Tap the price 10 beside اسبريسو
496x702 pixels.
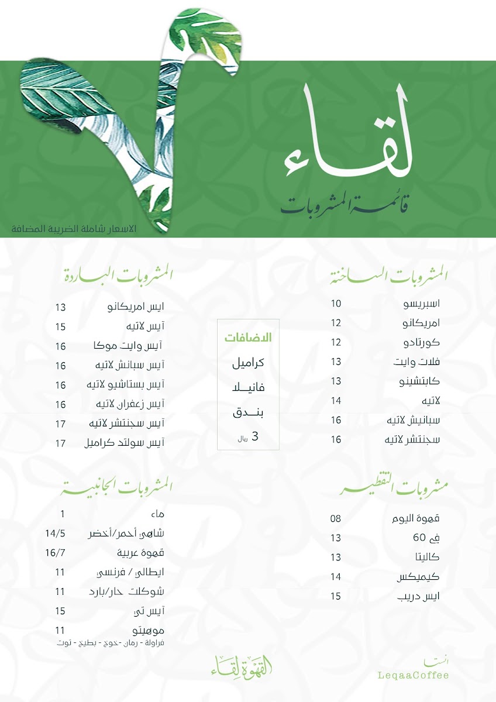[x=336, y=304]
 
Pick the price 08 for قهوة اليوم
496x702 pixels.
[x=336, y=518]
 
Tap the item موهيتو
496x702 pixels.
[x=149, y=631]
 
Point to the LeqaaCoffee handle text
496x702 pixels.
[x=414, y=676]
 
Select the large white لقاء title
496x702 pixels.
[x=349, y=140]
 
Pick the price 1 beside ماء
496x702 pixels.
[x=63, y=514]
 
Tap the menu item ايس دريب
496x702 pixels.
[x=418, y=596]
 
